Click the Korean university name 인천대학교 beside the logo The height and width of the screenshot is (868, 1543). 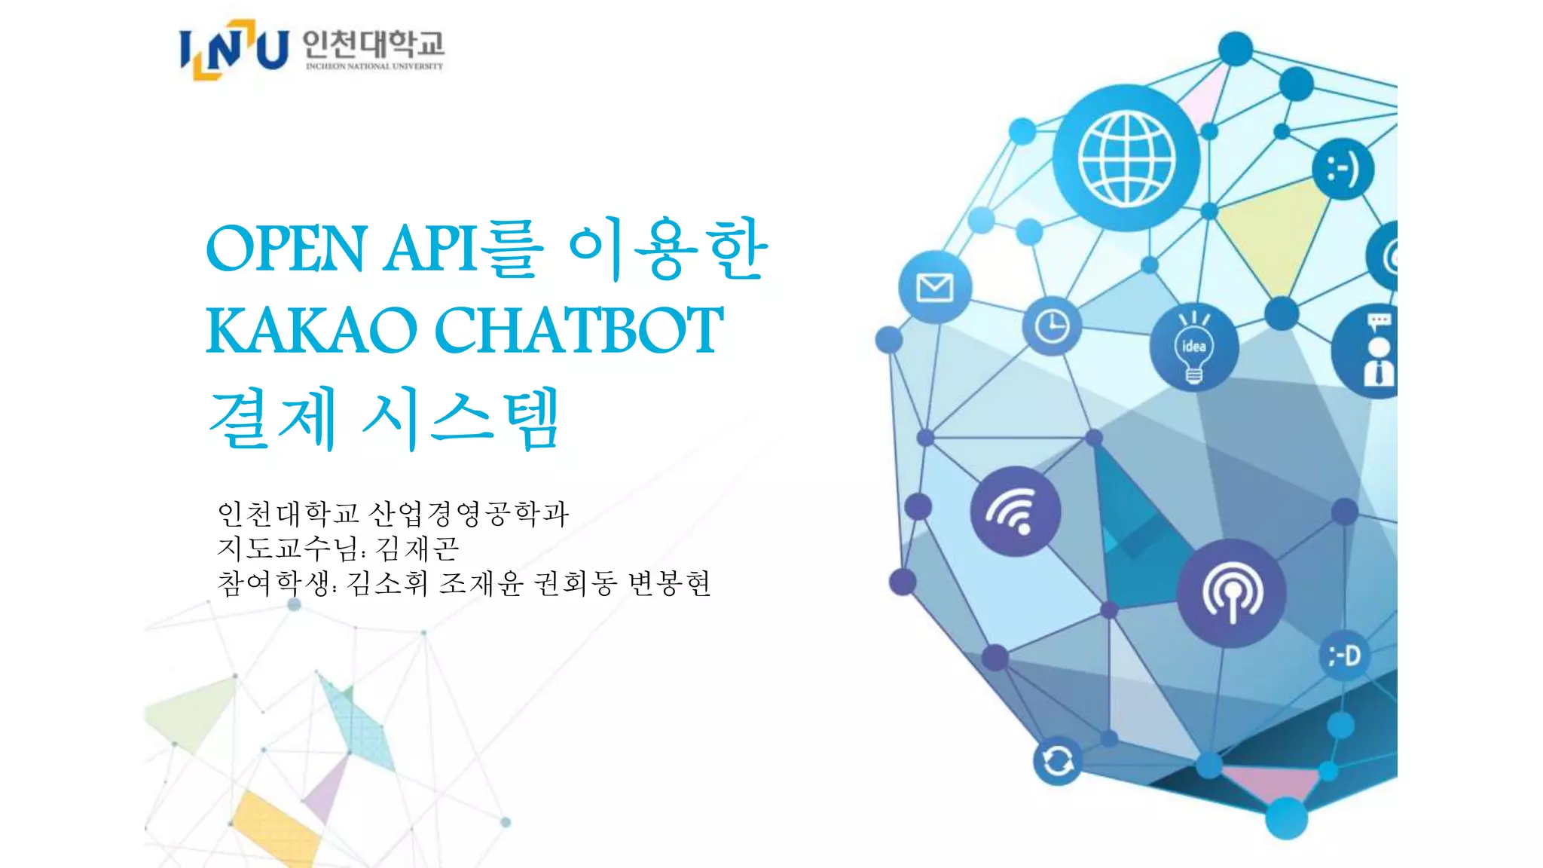click(373, 44)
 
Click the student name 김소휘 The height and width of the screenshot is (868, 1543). click(387, 582)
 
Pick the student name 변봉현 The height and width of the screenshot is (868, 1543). click(669, 582)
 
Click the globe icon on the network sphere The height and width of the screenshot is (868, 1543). click(1126, 158)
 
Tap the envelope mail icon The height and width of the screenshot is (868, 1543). click(935, 287)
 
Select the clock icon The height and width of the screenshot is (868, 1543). click(1052, 327)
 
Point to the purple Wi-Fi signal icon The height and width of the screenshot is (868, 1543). click(1015, 512)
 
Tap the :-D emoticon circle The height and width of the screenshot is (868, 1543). click(1345, 656)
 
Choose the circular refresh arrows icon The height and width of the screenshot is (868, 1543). click(1058, 761)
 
